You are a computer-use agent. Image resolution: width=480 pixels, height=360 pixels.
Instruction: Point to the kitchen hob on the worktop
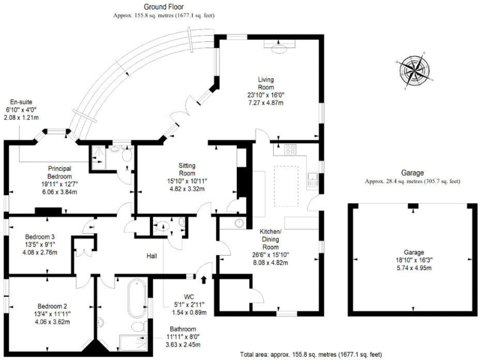point(291,149)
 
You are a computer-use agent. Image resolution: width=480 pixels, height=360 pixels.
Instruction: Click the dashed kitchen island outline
point(286,187)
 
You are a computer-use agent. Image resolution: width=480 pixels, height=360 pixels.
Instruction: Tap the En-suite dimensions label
point(21,113)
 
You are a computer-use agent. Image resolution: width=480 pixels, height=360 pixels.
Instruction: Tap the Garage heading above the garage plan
point(412,173)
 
